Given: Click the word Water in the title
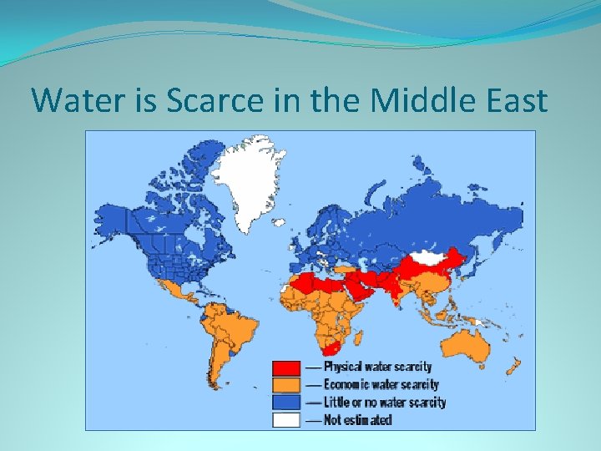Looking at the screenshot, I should pos(71,101).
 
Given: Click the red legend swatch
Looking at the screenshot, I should pos(286,367).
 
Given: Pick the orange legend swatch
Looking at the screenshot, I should pos(286,385).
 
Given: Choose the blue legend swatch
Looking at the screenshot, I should pos(286,403).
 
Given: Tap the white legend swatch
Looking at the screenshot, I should pos(286,419).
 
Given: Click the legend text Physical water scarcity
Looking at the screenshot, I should pos(377,367).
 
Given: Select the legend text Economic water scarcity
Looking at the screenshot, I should pos(381,384).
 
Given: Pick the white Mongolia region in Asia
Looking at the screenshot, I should pos(431,258).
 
